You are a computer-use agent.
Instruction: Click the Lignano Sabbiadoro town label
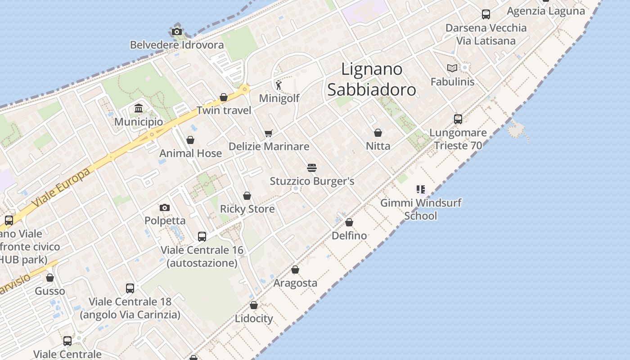click(x=372, y=79)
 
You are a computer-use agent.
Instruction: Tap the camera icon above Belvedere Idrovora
click(x=176, y=31)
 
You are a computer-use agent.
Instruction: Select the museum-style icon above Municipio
click(x=139, y=108)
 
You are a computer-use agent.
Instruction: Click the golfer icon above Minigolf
click(x=279, y=85)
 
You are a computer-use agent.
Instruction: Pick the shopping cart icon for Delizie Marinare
click(x=269, y=133)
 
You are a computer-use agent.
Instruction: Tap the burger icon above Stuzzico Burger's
click(x=312, y=168)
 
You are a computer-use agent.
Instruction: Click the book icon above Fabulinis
click(x=452, y=68)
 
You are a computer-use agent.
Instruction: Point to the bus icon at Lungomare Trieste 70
click(x=458, y=119)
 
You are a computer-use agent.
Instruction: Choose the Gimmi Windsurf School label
click(x=421, y=209)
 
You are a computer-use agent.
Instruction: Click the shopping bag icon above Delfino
click(x=349, y=222)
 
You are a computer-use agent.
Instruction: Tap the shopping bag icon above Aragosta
click(x=295, y=270)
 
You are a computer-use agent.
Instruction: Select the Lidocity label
click(x=254, y=319)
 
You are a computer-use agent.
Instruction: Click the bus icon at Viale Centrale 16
click(x=202, y=236)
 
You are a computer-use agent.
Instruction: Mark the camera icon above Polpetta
click(x=165, y=207)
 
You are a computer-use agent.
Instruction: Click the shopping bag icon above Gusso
click(x=50, y=278)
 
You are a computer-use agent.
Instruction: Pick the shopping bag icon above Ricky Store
click(x=247, y=196)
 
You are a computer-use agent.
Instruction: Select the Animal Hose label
click(x=190, y=153)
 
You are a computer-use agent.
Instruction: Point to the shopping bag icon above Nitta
click(x=378, y=133)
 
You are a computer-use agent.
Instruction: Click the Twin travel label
click(x=224, y=111)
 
